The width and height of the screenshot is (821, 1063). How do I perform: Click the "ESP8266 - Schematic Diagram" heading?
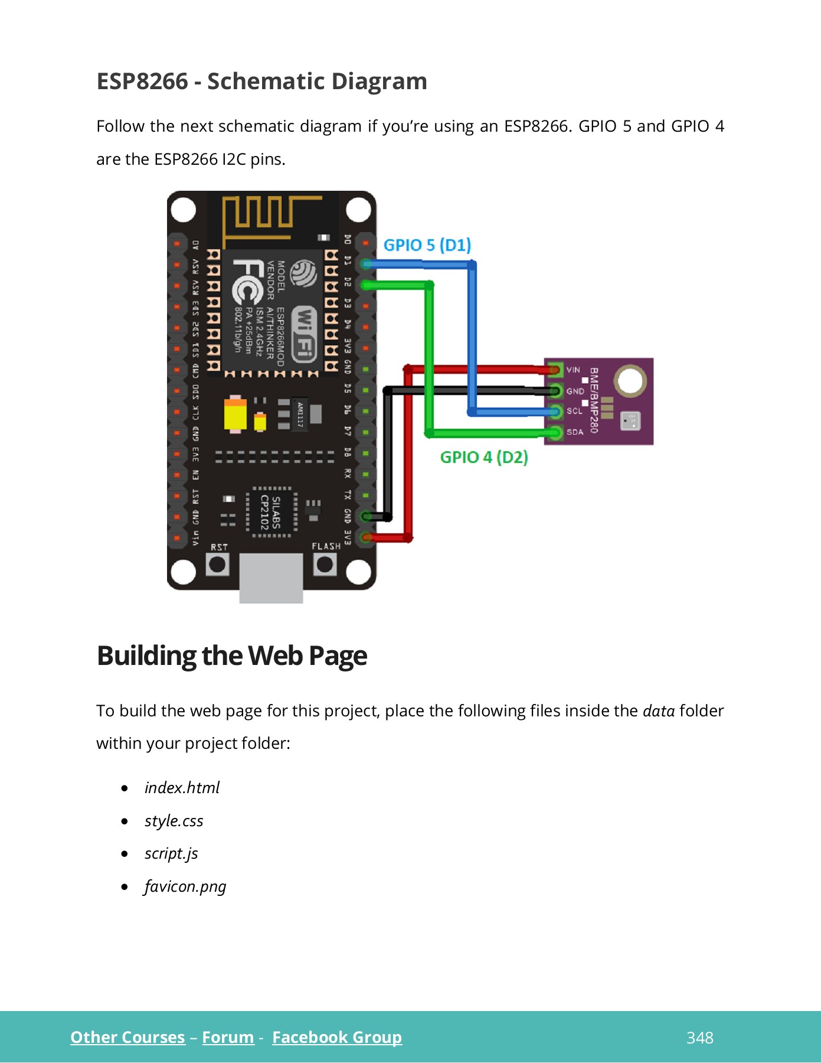click(x=261, y=81)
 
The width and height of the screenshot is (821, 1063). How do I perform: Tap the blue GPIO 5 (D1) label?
click(x=427, y=245)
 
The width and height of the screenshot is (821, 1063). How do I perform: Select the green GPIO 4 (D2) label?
click(x=484, y=457)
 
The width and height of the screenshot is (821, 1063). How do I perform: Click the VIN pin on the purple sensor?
click(x=555, y=370)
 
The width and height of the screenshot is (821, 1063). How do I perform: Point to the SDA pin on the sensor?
click(x=555, y=433)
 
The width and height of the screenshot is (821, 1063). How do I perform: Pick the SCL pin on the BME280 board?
click(x=555, y=412)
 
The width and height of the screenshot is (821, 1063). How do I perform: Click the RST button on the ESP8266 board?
click(x=217, y=565)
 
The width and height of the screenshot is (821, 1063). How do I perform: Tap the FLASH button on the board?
click(x=325, y=565)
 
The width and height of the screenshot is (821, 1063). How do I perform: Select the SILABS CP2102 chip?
click(x=272, y=512)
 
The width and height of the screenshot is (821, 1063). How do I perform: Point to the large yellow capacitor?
click(x=235, y=414)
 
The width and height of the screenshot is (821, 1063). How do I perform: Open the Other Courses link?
click(x=127, y=1038)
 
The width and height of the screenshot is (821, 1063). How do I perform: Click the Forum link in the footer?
click(x=228, y=1038)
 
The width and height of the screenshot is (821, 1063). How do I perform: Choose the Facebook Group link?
click(x=336, y=1038)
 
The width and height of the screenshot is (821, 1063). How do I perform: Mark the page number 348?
click(x=699, y=1038)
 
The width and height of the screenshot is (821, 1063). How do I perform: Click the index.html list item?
click(x=182, y=788)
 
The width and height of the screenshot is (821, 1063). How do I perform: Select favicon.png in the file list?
click(x=185, y=886)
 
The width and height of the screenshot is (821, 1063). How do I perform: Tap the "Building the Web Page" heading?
click(x=232, y=656)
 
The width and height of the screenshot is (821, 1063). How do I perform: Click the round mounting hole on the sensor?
click(x=629, y=381)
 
